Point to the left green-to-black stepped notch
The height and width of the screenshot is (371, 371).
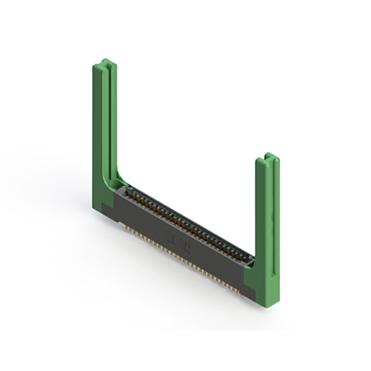click(x=114, y=202)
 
